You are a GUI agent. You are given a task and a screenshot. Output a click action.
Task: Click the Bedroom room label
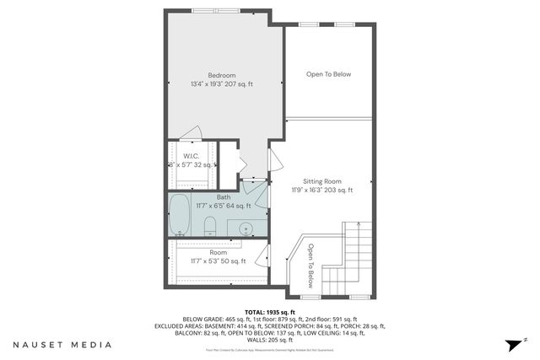[222, 74]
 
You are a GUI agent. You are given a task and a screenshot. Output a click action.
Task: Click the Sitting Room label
[322, 181]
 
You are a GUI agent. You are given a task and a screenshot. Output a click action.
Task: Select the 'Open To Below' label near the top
[328, 74]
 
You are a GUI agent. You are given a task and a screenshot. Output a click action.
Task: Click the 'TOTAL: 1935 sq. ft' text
[269, 312]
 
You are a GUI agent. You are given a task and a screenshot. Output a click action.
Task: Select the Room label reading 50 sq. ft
[219, 252]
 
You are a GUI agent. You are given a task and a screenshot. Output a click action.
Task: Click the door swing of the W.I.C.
[192, 133]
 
